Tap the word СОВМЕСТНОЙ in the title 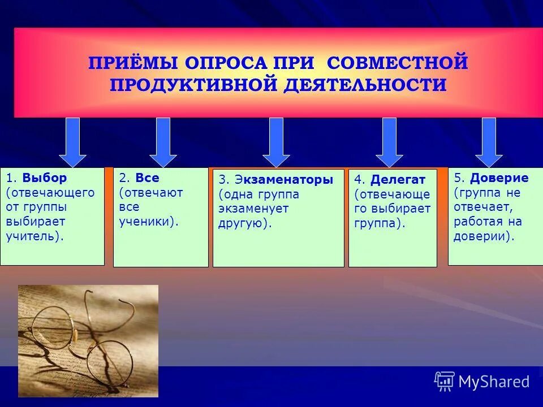[x=397, y=62]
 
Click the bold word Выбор [x=45, y=178]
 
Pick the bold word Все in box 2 [x=147, y=178]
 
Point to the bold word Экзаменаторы [x=283, y=180]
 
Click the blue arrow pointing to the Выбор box [x=72, y=142]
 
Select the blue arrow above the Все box [x=163, y=142]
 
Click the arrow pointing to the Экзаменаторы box [x=276, y=142]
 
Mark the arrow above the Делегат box [x=389, y=142]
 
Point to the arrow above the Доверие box [x=489, y=142]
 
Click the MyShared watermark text [x=494, y=382]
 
